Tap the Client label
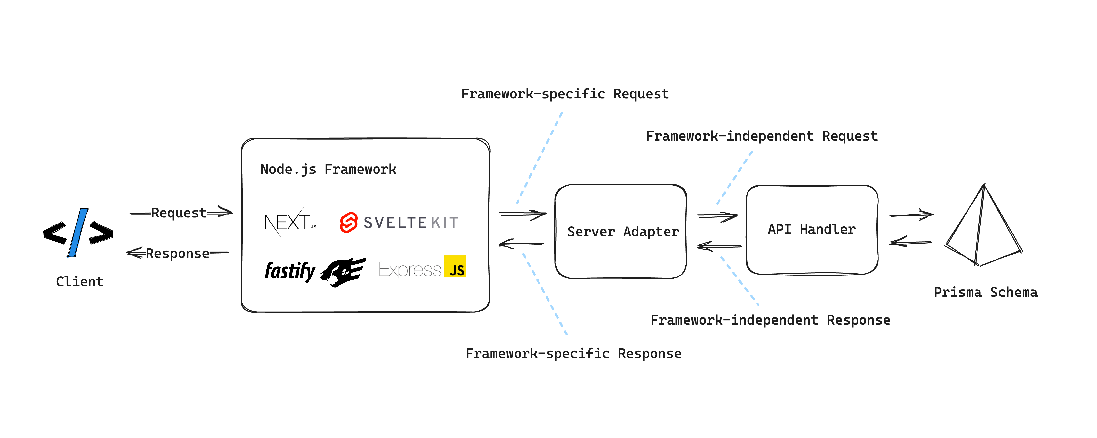tap(80, 282)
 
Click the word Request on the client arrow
tap(179, 213)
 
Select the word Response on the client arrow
tap(178, 254)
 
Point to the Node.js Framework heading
tap(328, 169)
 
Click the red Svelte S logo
tap(348, 222)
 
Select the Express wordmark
tap(410, 269)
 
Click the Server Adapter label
tap(623, 232)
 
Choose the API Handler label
tap(812, 229)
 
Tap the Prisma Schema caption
tap(986, 292)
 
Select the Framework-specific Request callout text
tap(565, 94)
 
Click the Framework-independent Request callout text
tap(761, 136)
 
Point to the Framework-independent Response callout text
tap(770, 320)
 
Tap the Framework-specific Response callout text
tap(573, 353)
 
